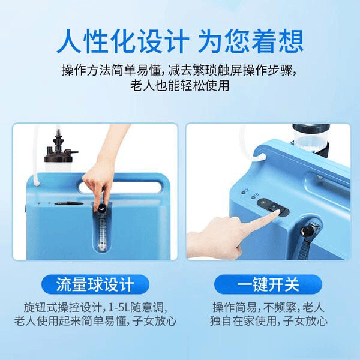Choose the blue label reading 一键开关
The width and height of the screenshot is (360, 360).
(x=268, y=283)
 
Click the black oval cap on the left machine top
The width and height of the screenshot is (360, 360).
(x=61, y=203)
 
